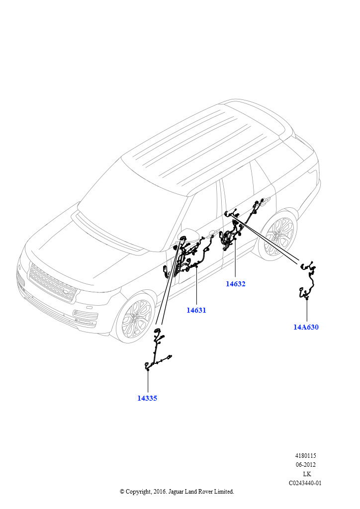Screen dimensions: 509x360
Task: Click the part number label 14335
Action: [x=147, y=398]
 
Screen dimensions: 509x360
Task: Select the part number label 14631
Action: [x=196, y=310]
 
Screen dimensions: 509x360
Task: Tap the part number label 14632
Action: [x=236, y=284]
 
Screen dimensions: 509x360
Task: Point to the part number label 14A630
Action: [x=306, y=327]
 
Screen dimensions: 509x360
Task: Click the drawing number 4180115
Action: [x=306, y=455]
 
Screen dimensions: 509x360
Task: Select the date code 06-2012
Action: [x=306, y=465]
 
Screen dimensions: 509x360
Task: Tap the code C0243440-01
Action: [x=306, y=483]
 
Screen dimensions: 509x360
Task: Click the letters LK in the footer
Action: [x=307, y=474]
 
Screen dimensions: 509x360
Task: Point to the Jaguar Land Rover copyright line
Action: [x=177, y=492]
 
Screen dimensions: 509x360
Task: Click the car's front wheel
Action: [x=136, y=318]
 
